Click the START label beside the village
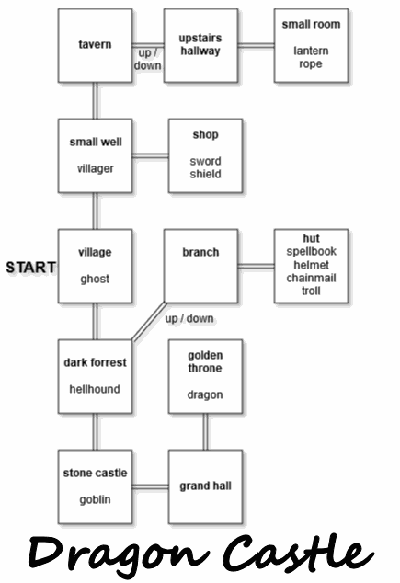point(31,268)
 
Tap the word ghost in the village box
point(95,279)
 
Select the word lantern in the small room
point(311,51)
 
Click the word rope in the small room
point(311,64)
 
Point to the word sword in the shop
point(205,161)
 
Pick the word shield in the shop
point(205,174)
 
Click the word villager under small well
point(95,168)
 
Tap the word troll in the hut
point(311,291)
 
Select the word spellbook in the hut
point(311,251)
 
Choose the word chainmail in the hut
point(311,278)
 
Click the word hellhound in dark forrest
point(95,389)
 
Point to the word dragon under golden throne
point(205,394)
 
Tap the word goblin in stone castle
point(95,499)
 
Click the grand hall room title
point(205,486)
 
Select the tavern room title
point(95,45)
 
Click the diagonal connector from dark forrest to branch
point(149,321)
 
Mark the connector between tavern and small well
point(95,100)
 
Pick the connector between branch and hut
point(256,266)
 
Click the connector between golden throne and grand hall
point(205,431)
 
